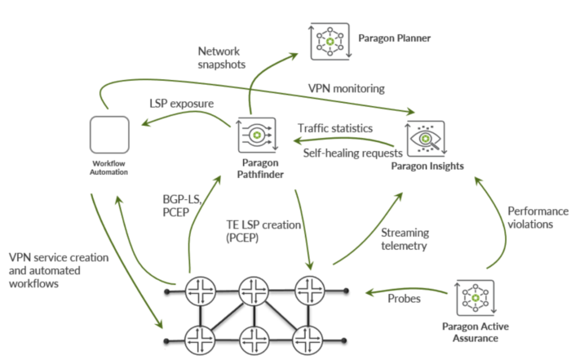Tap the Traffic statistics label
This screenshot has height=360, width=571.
(334, 128)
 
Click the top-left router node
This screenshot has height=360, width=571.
(198, 291)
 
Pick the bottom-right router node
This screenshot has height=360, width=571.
(311, 337)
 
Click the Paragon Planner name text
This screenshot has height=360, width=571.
(394, 38)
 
